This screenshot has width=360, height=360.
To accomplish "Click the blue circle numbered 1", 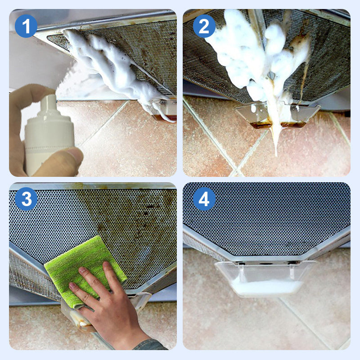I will pos(26,26).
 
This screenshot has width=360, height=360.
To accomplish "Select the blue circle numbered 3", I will pos(26,199).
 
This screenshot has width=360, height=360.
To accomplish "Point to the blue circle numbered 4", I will pos(204,199).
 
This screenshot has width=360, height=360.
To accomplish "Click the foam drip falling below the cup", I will pos(275,139).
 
